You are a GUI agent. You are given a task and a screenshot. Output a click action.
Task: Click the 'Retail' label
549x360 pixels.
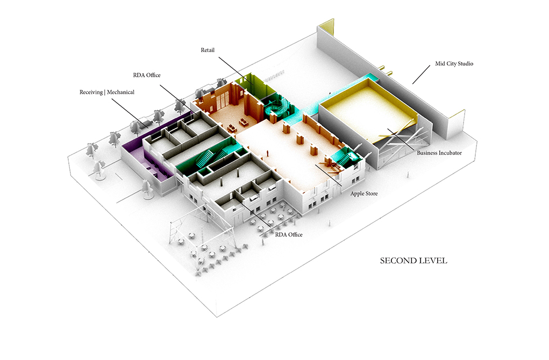click(208, 50)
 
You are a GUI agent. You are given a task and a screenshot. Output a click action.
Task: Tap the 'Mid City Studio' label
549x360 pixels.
click(454, 64)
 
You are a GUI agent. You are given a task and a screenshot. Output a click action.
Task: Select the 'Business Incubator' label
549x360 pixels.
click(439, 153)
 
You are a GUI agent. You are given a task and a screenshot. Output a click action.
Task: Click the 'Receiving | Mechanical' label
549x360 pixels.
click(107, 92)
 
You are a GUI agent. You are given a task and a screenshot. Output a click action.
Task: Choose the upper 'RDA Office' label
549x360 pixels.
click(147, 75)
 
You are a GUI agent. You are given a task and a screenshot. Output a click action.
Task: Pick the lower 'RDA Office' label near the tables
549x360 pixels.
click(289, 235)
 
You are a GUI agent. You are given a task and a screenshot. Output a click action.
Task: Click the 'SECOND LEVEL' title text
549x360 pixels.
click(413, 261)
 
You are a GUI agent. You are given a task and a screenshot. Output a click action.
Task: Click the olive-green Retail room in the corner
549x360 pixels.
click(249, 83)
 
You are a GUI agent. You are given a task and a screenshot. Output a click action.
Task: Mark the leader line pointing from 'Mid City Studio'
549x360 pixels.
click(424, 75)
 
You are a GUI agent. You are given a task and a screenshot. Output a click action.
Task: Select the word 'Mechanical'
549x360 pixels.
click(120, 92)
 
